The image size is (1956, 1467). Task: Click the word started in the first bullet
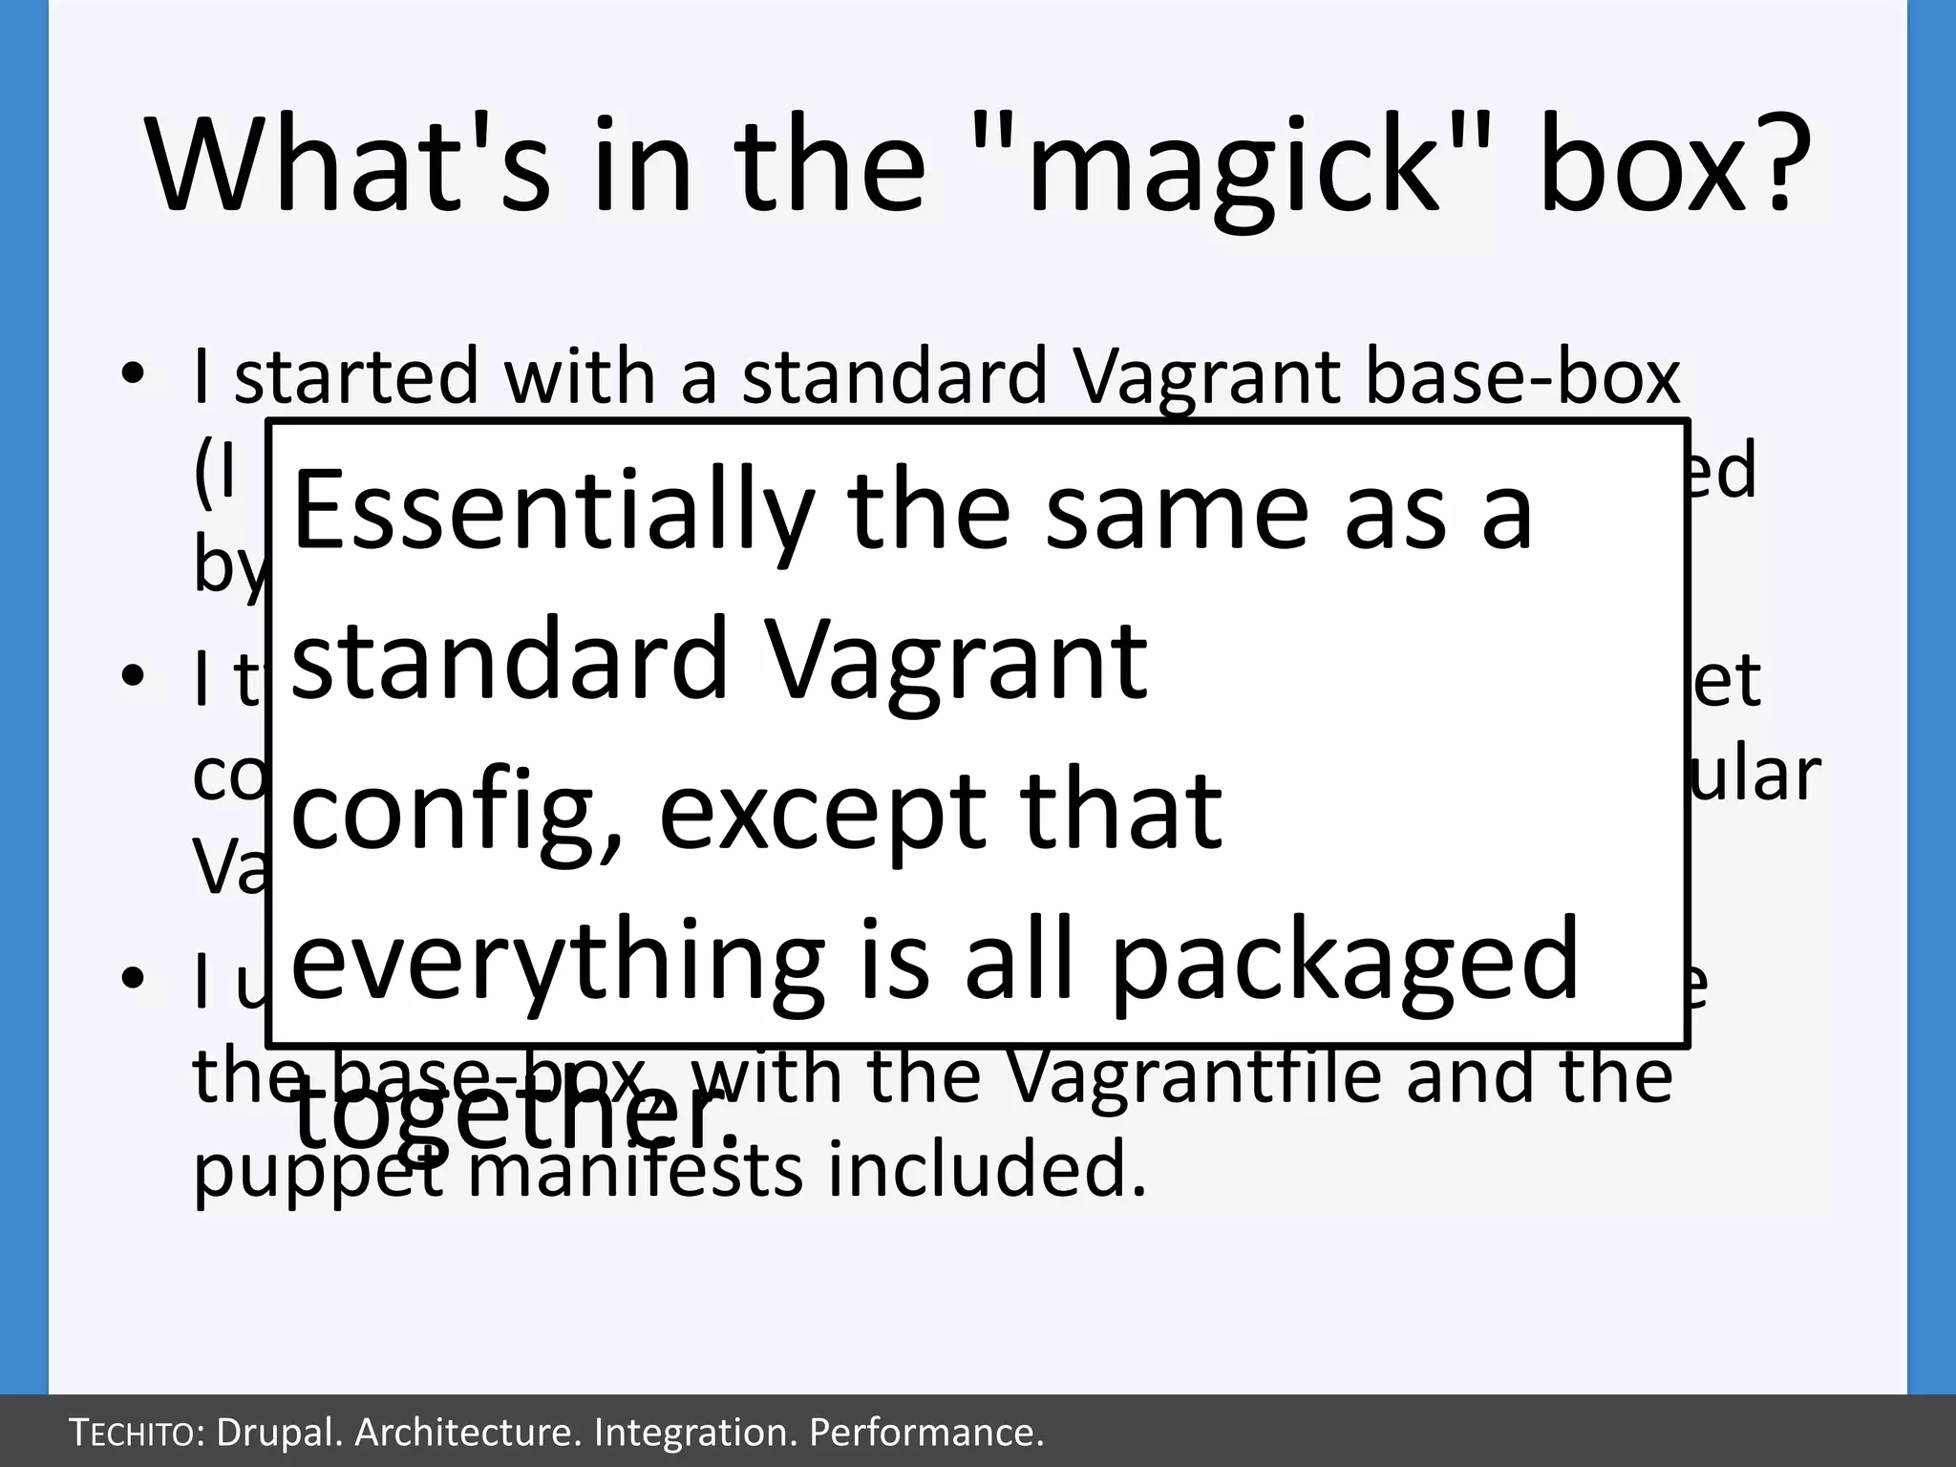coord(355,376)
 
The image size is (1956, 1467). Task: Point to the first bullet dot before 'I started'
coord(133,373)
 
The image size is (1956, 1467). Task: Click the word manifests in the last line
coord(635,1173)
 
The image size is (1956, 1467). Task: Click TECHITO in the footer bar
coord(133,1433)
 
